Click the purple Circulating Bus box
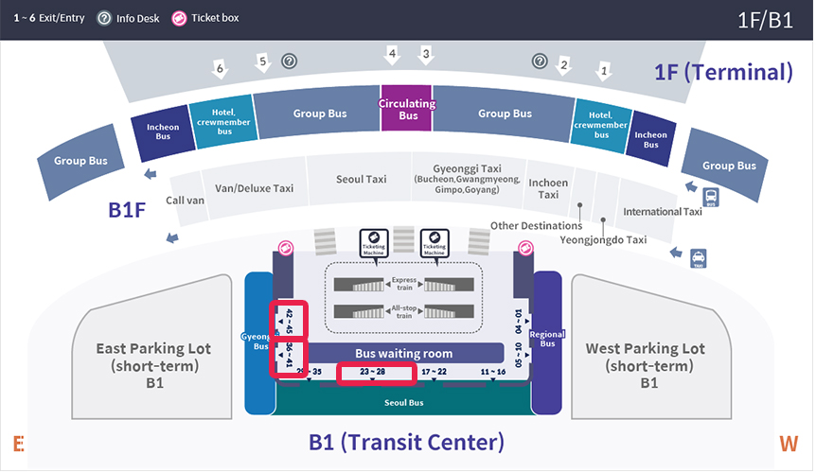tap(407, 110)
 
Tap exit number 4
tap(392, 54)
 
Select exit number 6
tap(220, 68)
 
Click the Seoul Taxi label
tap(362, 179)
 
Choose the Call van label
tap(185, 201)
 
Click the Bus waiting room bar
tap(403, 353)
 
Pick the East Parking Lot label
tap(154, 357)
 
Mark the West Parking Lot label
tap(646, 357)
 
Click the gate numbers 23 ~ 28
tap(376, 372)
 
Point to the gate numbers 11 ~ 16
tap(493, 372)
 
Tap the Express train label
tap(404, 281)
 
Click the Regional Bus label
tap(547, 340)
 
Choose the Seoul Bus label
tap(403, 402)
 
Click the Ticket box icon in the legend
tap(179, 17)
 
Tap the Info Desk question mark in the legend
tap(104, 17)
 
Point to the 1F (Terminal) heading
tap(722, 72)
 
